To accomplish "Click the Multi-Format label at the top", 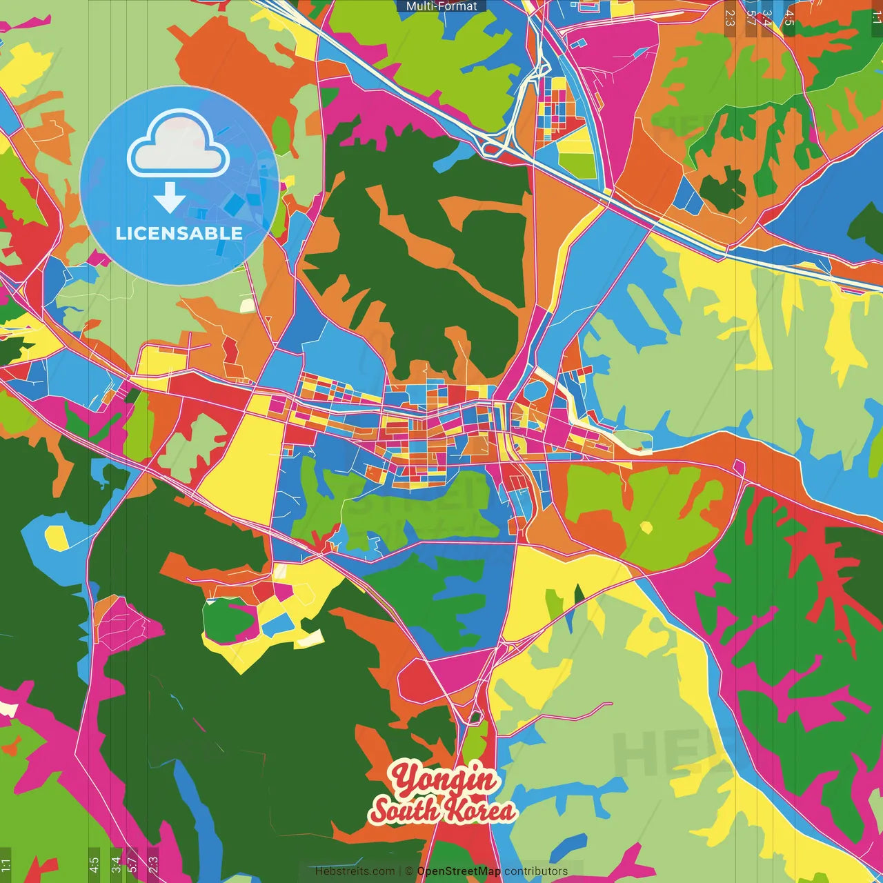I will point(441,6).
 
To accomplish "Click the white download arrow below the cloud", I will point(170,197).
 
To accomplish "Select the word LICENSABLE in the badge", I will point(179,233).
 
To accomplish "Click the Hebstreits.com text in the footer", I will point(355,871).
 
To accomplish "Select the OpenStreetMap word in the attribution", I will point(459,871).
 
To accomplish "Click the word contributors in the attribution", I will point(536,871).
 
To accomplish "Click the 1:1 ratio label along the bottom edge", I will point(6,865).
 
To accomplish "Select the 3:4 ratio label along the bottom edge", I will point(116,864).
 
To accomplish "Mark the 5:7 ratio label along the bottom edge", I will point(132,864).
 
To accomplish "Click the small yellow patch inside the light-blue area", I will point(56,537).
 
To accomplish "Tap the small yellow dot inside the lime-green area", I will point(646,528).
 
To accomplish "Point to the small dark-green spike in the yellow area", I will point(579,595).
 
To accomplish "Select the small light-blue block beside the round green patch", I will point(278,624).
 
